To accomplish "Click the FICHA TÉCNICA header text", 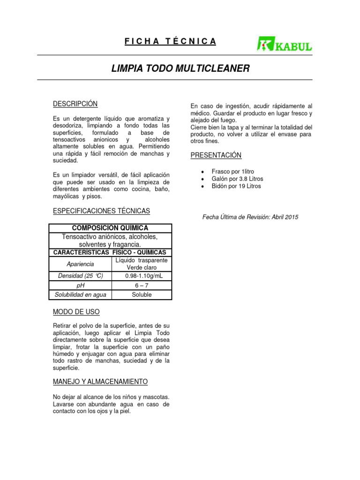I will [x=171, y=41].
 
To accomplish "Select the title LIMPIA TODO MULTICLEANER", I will [x=180, y=68].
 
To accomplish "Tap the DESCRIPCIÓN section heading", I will [x=75, y=104].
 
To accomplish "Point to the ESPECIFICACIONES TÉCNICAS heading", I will [x=101, y=211].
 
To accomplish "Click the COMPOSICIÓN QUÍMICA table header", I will [x=110, y=228].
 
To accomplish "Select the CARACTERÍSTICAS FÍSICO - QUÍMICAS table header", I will [x=110, y=252].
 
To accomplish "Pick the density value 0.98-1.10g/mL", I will [x=141, y=276].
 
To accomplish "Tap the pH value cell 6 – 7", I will [x=141, y=285].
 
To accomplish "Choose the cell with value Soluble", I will [x=141, y=295].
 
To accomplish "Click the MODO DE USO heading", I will [x=76, y=312].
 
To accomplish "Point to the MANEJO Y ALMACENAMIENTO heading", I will [x=100, y=382].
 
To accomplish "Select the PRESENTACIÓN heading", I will [x=216, y=155].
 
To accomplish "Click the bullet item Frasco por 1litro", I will [x=232, y=172].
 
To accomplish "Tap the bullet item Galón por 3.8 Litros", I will [x=237, y=179].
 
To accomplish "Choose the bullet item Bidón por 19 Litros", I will [x=236, y=186].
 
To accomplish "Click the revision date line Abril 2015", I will [x=250, y=217].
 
